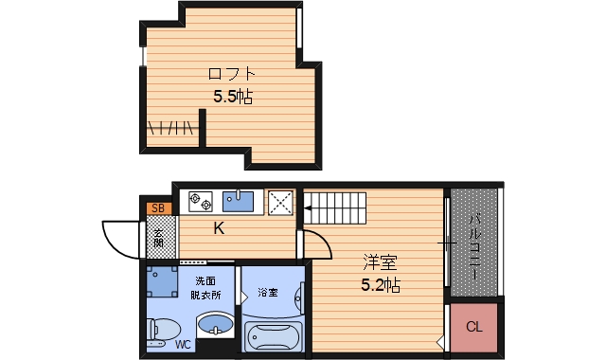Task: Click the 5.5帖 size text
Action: (233, 96)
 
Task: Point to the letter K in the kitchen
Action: (218, 228)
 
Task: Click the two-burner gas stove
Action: (201, 200)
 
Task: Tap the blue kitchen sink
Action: (240, 200)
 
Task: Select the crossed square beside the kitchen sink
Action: (281, 201)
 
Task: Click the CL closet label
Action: (473, 327)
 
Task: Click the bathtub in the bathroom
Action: (273, 336)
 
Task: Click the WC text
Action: (183, 345)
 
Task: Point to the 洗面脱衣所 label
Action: (207, 288)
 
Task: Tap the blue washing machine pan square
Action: (166, 280)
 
